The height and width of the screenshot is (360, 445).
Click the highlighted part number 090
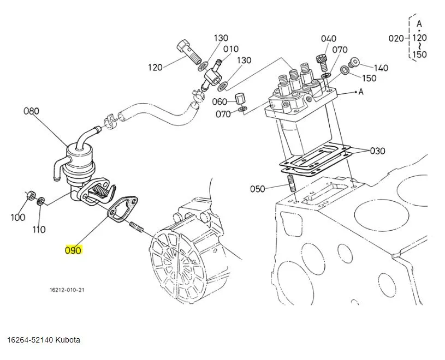click(73, 251)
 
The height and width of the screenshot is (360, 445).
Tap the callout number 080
click(32, 111)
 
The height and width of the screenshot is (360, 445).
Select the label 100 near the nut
click(17, 218)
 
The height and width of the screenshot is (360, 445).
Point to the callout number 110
click(38, 229)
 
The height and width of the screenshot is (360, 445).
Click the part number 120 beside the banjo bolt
click(156, 68)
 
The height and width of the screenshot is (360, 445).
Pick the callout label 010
click(231, 49)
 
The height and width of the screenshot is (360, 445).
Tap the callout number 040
click(329, 38)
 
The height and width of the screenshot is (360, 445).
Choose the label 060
click(219, 102)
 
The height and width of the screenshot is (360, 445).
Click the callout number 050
click(257, 189)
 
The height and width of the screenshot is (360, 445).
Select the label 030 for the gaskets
click(378, 151)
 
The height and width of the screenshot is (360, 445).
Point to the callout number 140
click(381, 68)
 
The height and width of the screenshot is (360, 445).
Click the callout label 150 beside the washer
click(369, 78)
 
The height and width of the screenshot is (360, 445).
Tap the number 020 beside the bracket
click(396, 38)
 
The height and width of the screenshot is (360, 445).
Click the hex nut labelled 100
click(31, 195)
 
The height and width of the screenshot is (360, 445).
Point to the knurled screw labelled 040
click(321, 58)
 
